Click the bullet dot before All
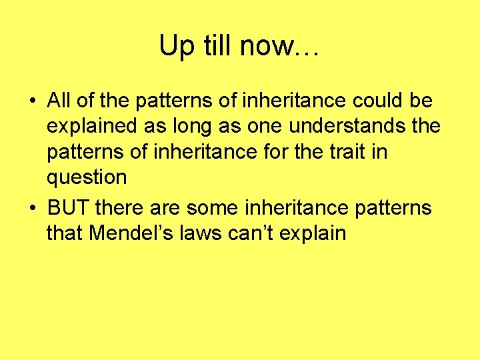(x=32, y=102)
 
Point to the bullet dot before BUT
(x=32, y=209)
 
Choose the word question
(x=87, y=178)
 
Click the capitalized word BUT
(x=69, y=208)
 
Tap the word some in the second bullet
(x=210, y=208)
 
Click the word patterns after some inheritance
(x=393, y=209)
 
